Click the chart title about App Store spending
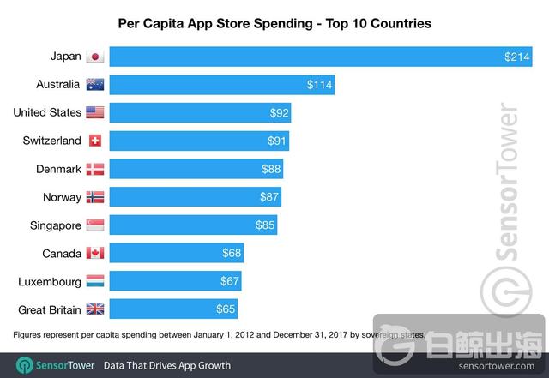(x=274, y=24)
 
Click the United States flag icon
(x=95, y=112)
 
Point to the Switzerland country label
(x=48, y=141)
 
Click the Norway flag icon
(x=95, y=197)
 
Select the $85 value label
(x=265, y=225)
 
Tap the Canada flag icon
(x=95, y=253)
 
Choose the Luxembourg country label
(x=48, y=281)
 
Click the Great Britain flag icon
(x=95, y=309)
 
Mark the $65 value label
(x=226, y=309)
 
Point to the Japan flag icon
(x=95, y=57)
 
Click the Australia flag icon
(x=95, y=85)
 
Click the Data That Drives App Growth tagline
(x=167, y=365)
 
